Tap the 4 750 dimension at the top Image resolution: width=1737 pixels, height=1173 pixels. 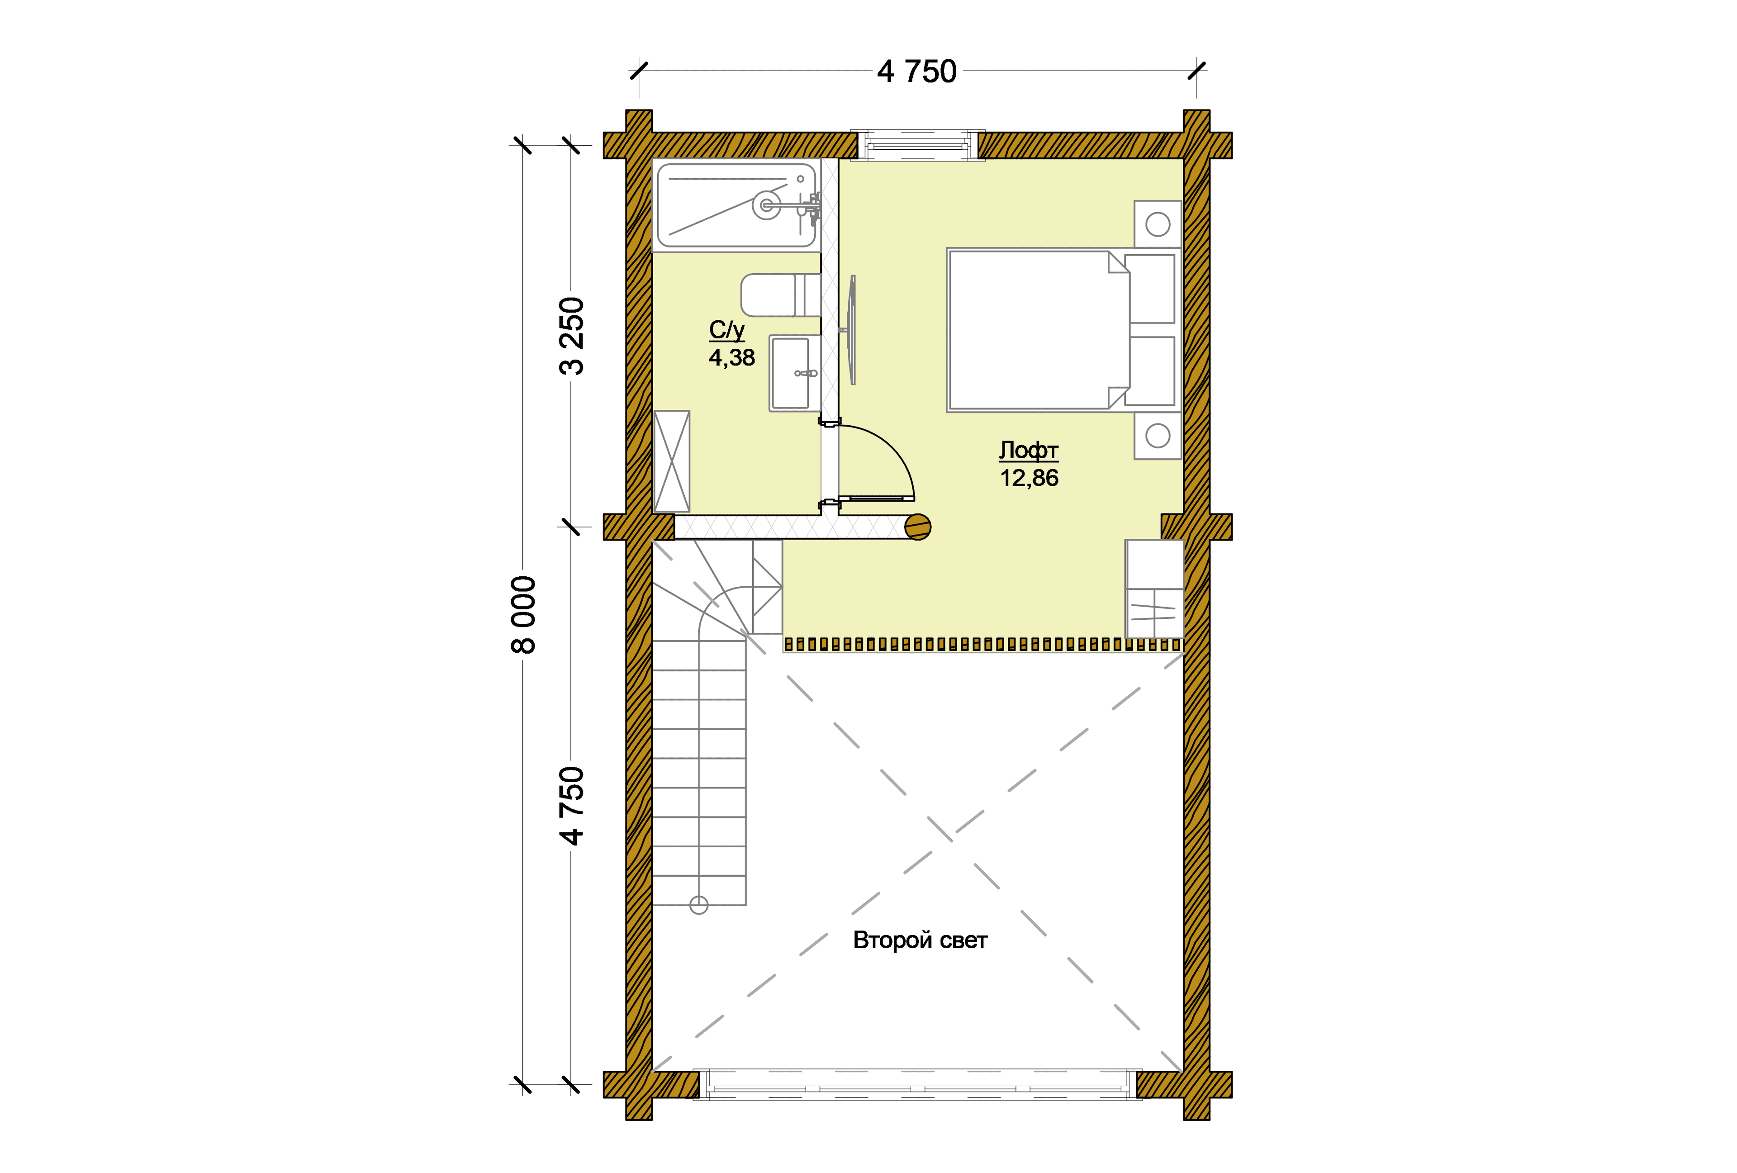[917, 72]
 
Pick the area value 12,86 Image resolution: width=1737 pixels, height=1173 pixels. [1029, 478]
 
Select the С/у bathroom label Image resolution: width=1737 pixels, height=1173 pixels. [726, 330]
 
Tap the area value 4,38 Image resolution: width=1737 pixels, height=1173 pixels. [732, 357]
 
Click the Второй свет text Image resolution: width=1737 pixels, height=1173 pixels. [920, 940]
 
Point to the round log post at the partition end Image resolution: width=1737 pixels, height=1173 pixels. [918, 527]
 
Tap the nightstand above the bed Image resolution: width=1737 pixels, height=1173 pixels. [1158, 223]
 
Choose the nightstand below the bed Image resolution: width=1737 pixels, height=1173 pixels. [1158, 435]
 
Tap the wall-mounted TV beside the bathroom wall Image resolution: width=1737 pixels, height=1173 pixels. [851, 330]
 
